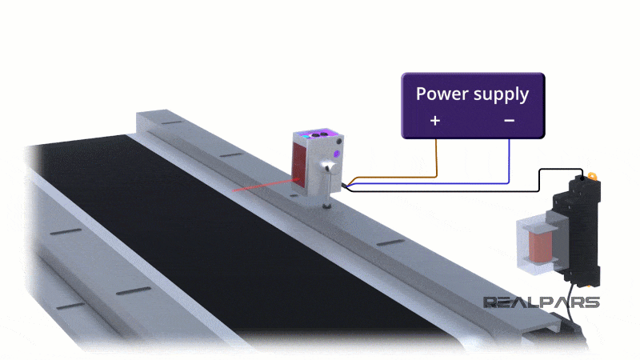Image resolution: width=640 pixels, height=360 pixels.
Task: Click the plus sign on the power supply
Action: (x=435, y=121)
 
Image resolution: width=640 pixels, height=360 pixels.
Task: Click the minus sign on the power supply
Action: (x=510, y=121)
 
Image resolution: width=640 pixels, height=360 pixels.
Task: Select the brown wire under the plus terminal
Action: (x=436, y=156)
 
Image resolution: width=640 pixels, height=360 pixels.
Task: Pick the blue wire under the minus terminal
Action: (x=510, y=160)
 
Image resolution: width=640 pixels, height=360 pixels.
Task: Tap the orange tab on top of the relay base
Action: (x=592, y=175)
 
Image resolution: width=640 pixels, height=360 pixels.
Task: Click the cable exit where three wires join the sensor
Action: (x=344, y=184)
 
